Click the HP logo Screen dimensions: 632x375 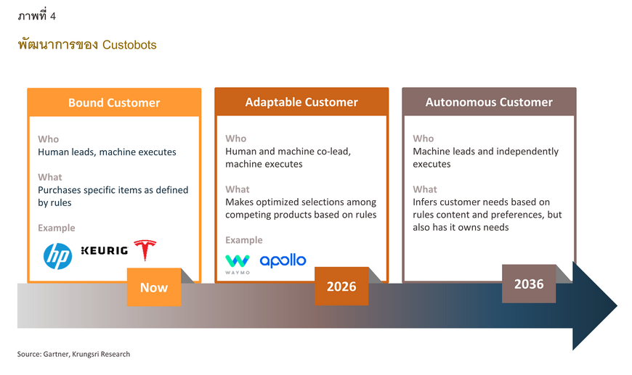pyautogui.click(x=57, y=256)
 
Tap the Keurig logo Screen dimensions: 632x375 pyautogui.click(x=105, y=251)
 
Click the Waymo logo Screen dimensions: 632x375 pyautogui.click(x=238, y=264)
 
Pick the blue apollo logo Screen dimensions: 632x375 pyautogui.click(x=283, y=260)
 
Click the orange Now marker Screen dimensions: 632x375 pyautogui.click(x=154, y=287)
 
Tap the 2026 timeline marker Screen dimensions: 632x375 pyautogui.click(x=341, y=286)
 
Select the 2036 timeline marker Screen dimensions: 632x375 pyautogui.click(x=529, y=284)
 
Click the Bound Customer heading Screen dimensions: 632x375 pyautogui.click(x=114, y=102)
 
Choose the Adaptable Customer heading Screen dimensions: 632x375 pyautogui.click(x=301, y=102)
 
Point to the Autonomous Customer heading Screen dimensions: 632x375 pyautogui.click(x=489, y=102)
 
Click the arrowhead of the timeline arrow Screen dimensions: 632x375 pyautogui.click(x=595, y=306)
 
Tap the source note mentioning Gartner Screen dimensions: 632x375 pyautogui.click(x=73, y=354)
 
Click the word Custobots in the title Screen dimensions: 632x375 pyautogui.click(x=129, y=45)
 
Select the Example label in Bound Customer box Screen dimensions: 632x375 pyautogui.click(x=57, y=228)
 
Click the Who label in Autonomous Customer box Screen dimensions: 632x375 pyautogui.click(x=424, y=139)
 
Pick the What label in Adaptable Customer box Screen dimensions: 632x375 pyautogui.click(x=238, y=189)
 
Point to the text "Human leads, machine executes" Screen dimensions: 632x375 pyautogui.click(x=107, y=152)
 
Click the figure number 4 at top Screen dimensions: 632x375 pyautogui.click(x=53, y=16)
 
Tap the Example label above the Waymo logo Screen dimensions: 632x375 pyautogui.click(x=244, y=240)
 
